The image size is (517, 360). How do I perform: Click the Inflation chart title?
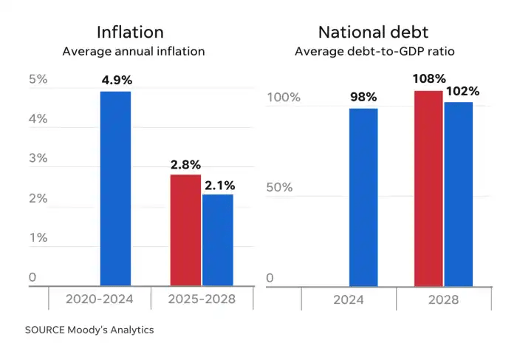click(x=130, y=33)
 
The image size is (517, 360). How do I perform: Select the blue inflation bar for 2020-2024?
click(x=115, y=188)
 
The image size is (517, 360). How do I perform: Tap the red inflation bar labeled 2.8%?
click(x=185, y=230)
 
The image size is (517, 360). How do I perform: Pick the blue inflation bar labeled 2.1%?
click(x=217, y=240)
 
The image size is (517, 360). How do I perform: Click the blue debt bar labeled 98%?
click(x=363, y=197)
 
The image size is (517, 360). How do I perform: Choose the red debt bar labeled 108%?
click(x=428, y=188)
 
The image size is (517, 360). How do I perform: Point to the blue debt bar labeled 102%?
click(x=459, y=194)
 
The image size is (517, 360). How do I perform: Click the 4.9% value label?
click(x=115, y=80)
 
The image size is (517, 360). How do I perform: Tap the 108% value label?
click(x=429, y=78)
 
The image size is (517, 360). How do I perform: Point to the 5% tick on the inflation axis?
click(x=38, y=79)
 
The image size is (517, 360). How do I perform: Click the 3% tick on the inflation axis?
click(x=38, y=158)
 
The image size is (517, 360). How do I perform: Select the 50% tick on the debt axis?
click(x=279, y=188)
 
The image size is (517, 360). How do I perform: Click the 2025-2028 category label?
click(x=202, y=299)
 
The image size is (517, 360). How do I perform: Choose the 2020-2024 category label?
click(x=99, y=299)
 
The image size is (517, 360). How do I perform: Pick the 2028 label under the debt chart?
click(x=443, y=299)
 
